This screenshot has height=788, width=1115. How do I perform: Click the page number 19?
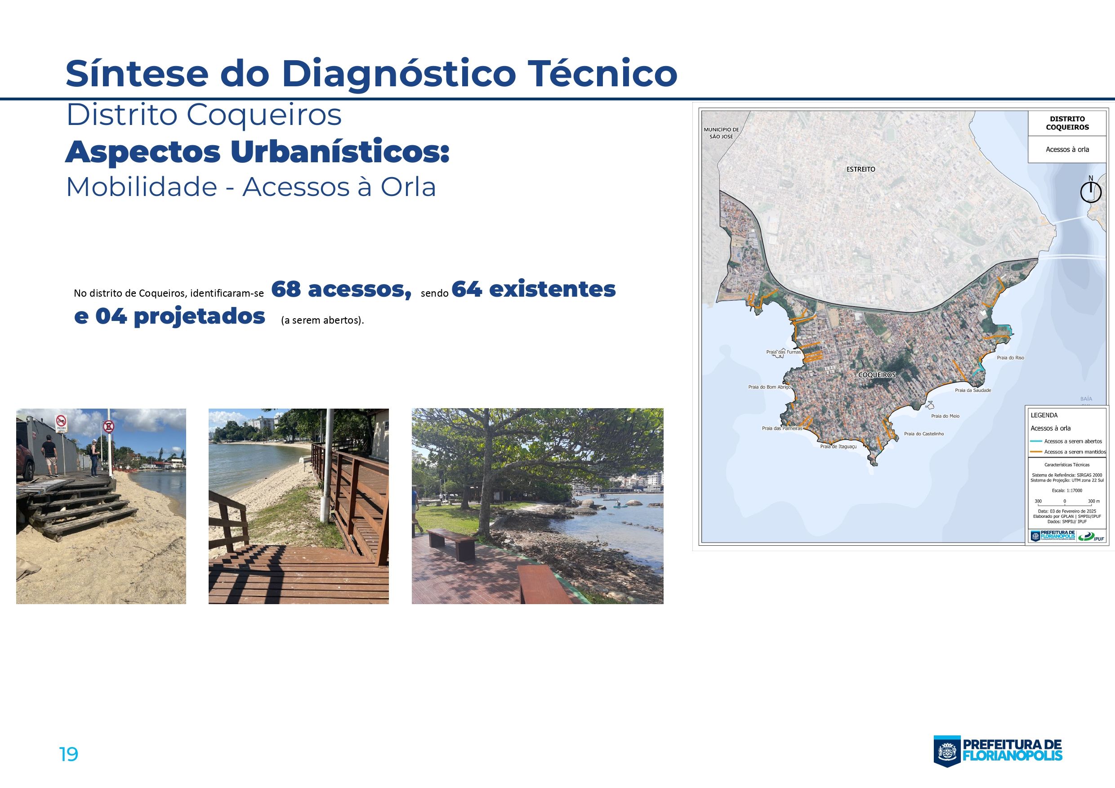(x=68, y=754)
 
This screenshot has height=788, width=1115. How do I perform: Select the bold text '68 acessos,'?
(x=341, y=289)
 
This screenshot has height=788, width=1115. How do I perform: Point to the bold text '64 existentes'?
(x=533, y=289)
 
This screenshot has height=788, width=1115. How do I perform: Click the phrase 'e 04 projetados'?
(x=169, y=316)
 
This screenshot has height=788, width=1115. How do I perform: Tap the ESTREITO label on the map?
(x=861, y=169)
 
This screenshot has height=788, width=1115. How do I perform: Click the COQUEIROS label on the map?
(x=877, y=375)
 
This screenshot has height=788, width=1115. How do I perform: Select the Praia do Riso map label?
(x=1010, y=358)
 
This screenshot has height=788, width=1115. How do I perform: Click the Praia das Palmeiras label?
(x=781, y=429)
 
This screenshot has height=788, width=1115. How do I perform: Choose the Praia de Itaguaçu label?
(x=838, y=446)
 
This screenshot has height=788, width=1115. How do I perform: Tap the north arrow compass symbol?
(x=1090, y=191)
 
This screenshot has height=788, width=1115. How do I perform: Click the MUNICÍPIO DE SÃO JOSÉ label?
(x=721, y=133)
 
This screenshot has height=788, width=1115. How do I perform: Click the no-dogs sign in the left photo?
(x=61, y=423)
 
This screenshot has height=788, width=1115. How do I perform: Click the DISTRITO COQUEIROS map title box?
(x=1067, y=123)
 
